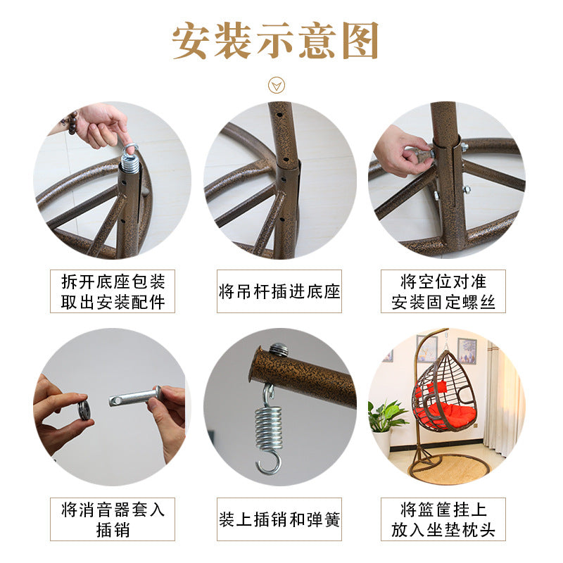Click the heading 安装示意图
[x=275, y=40]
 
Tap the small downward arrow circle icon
[x=276, y=85]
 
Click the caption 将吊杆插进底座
[x=279, y=291]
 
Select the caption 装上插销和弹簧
[x=279, y=519]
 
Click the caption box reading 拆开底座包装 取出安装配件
[x=113, y=291]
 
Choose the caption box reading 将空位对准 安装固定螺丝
[x=443, y=291]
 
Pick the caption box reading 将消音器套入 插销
[x=113, y=519]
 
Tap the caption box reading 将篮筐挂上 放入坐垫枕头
[x=443, y=519]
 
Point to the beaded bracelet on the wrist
[x=72, y=122]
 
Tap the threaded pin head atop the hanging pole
[x=277, y=349]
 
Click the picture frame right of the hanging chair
[x=467, y=350]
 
